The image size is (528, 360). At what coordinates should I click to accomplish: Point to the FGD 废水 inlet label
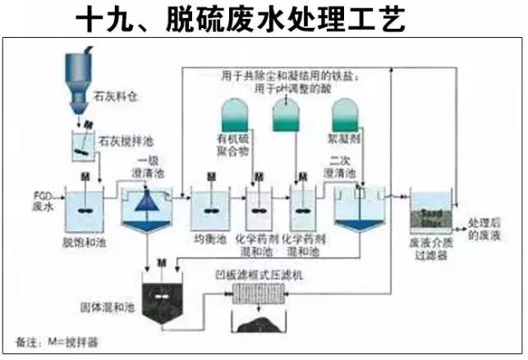[44, 200]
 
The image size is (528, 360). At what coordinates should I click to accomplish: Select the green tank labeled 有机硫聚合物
[236, 117]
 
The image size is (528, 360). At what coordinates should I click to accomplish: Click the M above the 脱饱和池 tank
[85, 177]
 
